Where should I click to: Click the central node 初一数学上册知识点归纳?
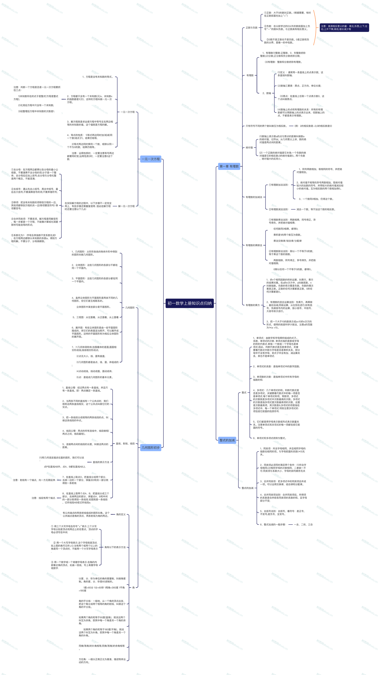(189, 303)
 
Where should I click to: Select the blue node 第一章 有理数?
(229, 166)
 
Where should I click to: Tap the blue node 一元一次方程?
(151, 159)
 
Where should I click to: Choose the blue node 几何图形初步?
(151, 447)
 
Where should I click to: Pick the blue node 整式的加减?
(227, 440)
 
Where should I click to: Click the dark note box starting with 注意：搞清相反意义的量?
(344, 28)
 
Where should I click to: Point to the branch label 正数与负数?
(251, 28)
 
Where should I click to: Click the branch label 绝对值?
(249, 148)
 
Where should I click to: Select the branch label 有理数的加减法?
(254, 197)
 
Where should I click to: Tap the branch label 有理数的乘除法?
(254, 245)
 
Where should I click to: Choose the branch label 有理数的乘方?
(252, 305)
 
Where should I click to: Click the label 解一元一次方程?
(126, 206)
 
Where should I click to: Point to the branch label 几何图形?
(130, 308)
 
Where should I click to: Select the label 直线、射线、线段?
(125, 444)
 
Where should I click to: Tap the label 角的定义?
(121, 514)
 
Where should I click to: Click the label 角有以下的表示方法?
(115, 547)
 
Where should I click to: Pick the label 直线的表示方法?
(101, 462)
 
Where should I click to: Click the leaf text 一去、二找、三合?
(303, 525)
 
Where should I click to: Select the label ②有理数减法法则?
(278, 209)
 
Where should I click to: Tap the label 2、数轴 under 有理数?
(267, 93)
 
